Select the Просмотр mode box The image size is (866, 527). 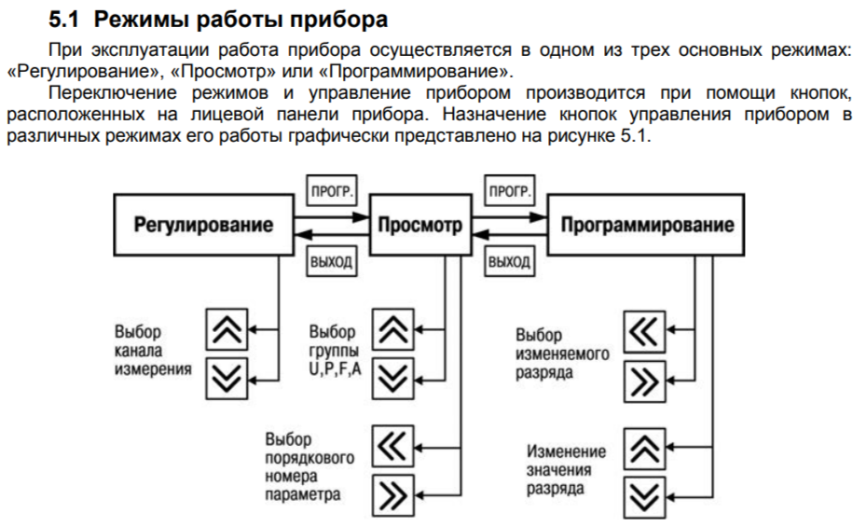click(x=421, y=226)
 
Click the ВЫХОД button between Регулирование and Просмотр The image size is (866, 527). click(x=331, y=262)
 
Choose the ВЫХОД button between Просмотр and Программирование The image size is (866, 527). click(x=509, y=262)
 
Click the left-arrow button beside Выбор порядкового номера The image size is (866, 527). click(x=394, y=445)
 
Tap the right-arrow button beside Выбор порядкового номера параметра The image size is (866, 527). click(x=394, y=493)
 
